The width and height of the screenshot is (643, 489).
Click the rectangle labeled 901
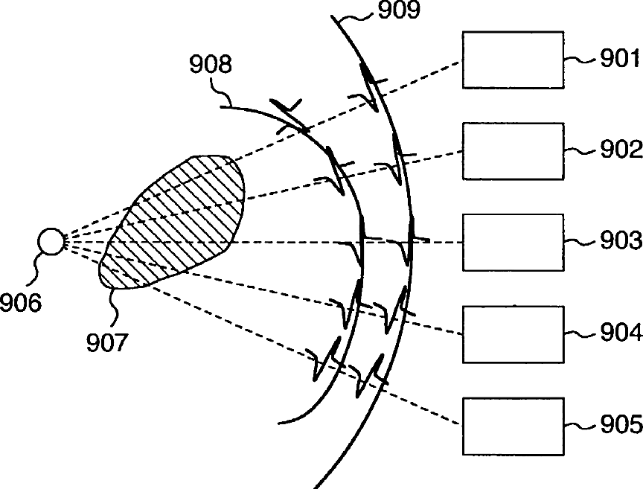tap(513, 60)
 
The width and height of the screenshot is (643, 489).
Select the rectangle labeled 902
tap(513, 151)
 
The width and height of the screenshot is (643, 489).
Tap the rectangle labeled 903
tap(513, 242)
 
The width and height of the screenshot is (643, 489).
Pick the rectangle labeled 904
tap(513, 333)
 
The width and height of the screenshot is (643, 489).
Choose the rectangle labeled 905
tap(513, 426)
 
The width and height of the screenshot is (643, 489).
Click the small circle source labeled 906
tap(51, 242)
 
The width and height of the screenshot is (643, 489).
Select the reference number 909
tap(399, 10)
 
